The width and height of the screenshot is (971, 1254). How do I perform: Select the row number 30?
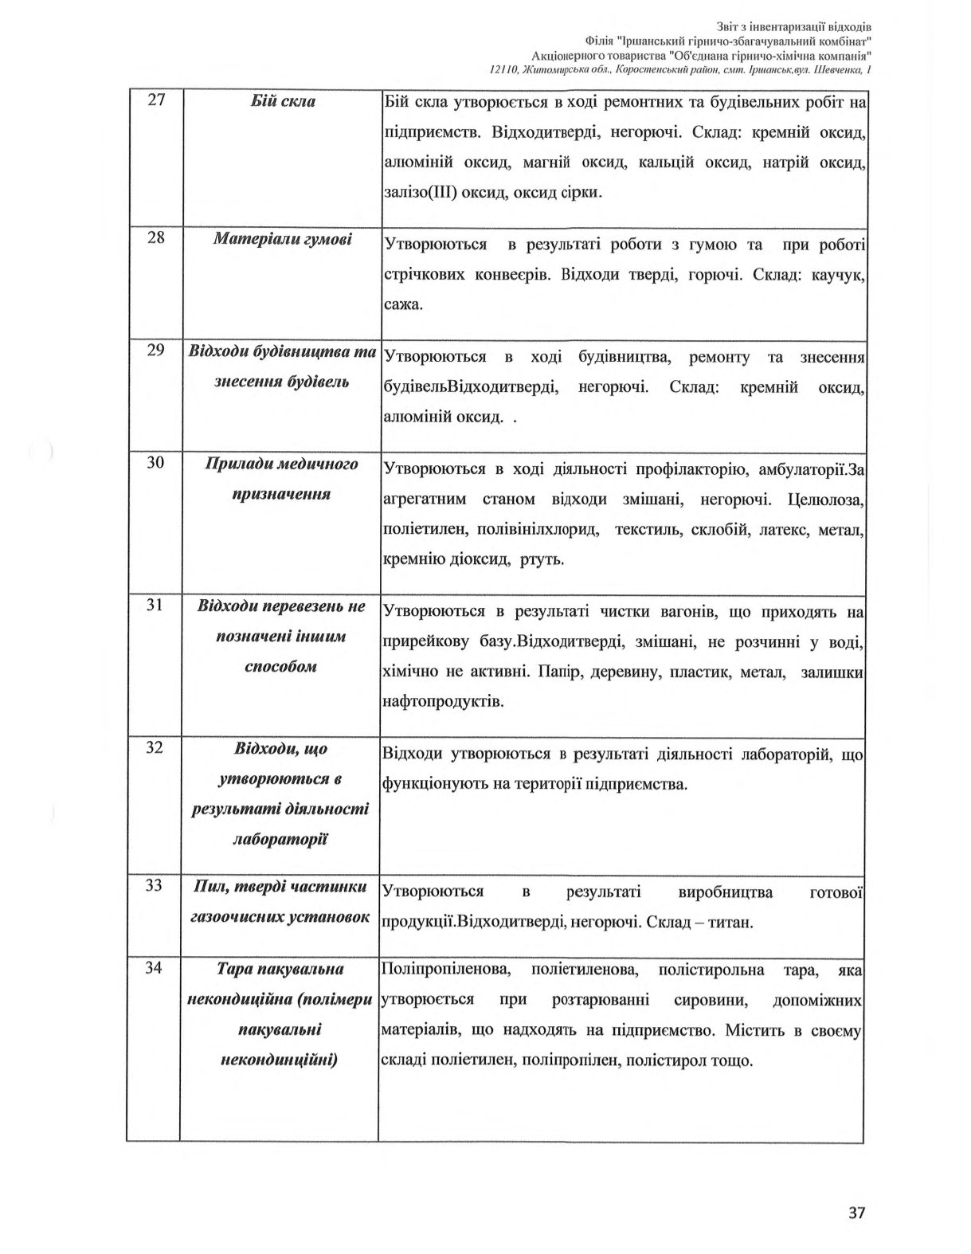[x=156, y=463]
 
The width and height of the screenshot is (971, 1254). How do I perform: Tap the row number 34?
[x=156, y=968]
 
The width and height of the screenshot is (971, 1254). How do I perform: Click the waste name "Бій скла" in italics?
[x=282, y=101]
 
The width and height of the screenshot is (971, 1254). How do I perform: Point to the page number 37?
[x=856, y=1213]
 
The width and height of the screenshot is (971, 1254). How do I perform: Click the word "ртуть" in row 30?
[x=542, y=559]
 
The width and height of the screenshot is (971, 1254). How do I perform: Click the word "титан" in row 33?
[x=730, y=923]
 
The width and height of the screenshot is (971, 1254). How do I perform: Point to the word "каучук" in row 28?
[x=836, y=274]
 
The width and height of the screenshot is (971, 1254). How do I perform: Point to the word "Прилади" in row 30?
[x=239, y=464]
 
